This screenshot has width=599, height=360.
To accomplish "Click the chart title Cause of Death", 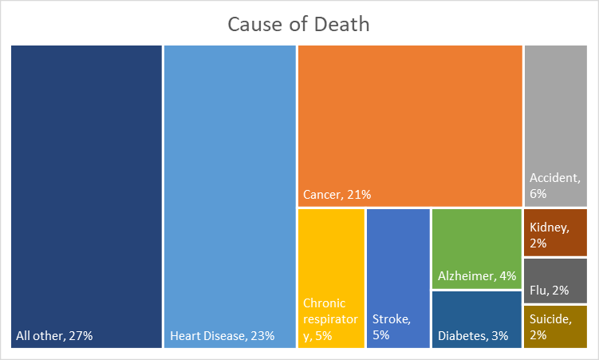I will coord(298,24).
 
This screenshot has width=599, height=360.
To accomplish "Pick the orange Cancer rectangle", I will coord(410,120).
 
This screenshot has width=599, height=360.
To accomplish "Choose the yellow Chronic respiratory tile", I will coord(331,255).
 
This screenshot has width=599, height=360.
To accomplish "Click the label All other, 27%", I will coord(54,336).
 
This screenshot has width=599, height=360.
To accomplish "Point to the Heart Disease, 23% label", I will coord(223,336).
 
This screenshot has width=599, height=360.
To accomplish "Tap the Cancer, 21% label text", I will coord(337,194).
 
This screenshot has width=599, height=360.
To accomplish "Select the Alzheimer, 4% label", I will coord(477,276).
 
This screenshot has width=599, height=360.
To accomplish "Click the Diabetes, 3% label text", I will coord(473,336).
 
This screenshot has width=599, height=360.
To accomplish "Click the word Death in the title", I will coord(341,24).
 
